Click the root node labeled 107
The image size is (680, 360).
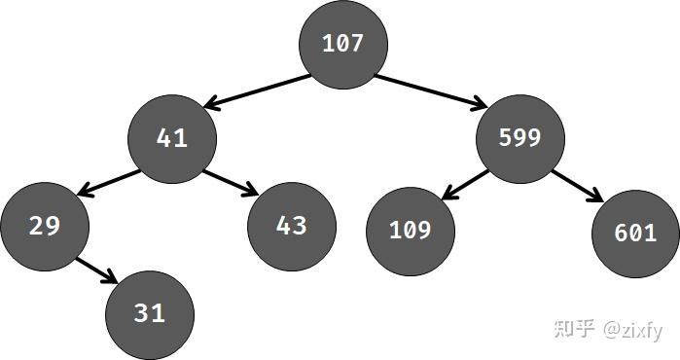[x=342, y=44]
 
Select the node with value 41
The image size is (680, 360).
[x=172, y=138]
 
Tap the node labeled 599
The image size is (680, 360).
[x=519, y=138]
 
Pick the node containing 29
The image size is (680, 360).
[x=45, y=226]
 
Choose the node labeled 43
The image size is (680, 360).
[x=292, y=226]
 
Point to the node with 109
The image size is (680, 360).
[x=410, y=231]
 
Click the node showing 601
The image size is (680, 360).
[x=635, y=233]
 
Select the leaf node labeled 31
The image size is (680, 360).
[x=150, y=313]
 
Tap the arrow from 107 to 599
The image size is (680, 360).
[x=430, y=89]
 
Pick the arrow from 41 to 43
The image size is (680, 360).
[x=230, y=181]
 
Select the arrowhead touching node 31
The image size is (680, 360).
[x=115, y=280]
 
